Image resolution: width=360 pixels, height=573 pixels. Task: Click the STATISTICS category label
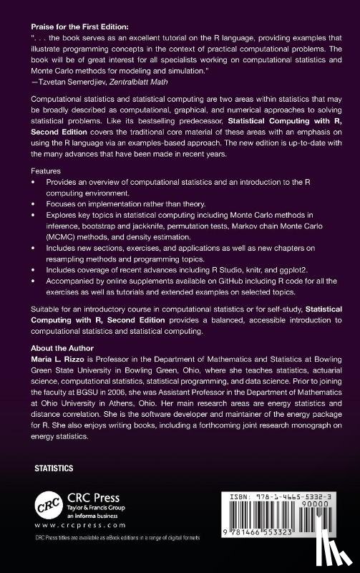point(54,468)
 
